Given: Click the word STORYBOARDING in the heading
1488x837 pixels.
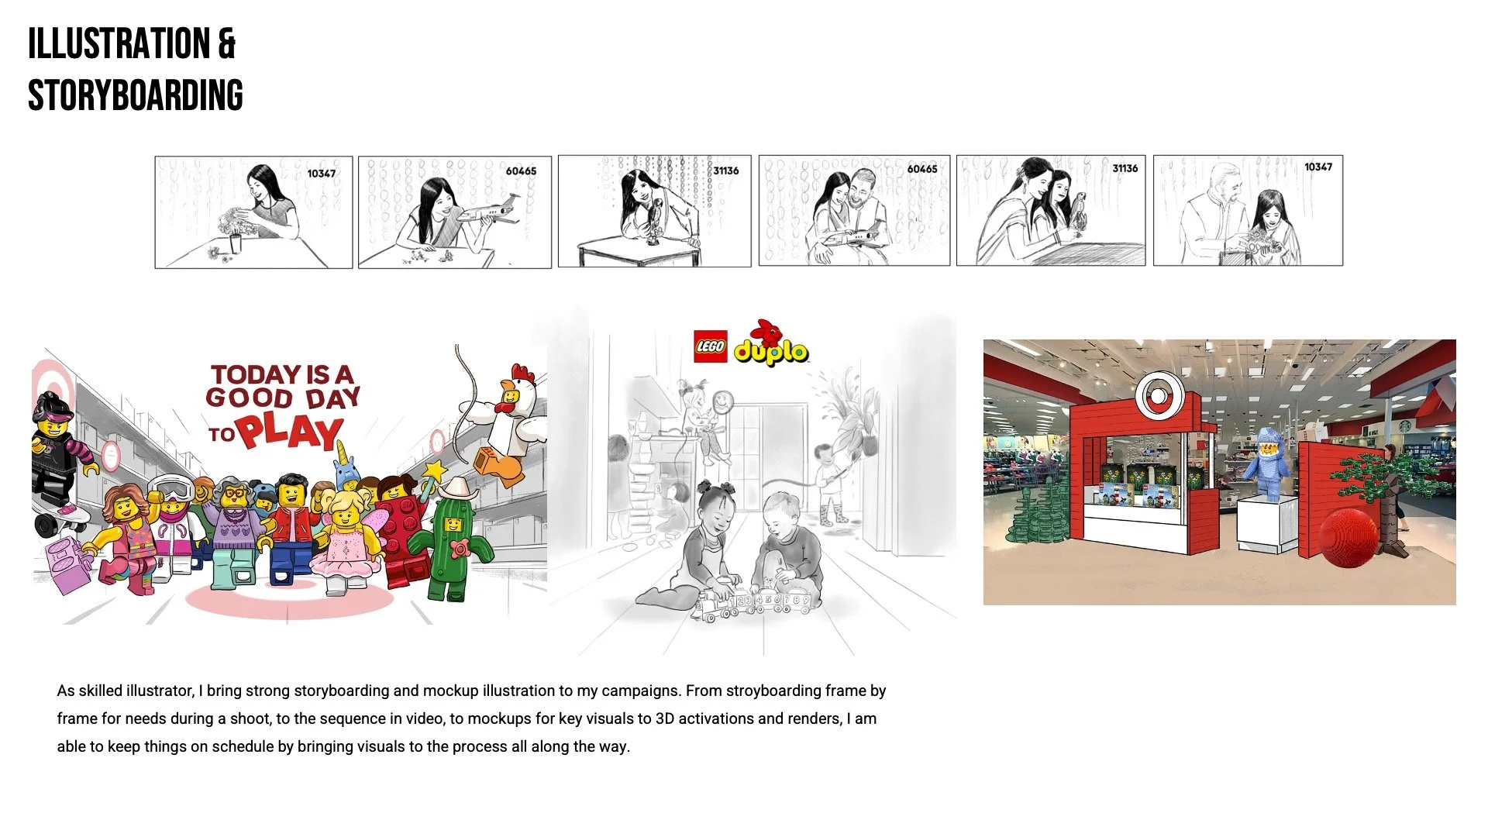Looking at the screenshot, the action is coord(136,95).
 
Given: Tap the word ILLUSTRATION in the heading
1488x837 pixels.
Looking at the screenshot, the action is coord(119,43).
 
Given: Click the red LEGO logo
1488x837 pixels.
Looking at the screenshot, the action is coord(710,346).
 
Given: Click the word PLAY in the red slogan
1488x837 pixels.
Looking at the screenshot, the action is coord(291,432).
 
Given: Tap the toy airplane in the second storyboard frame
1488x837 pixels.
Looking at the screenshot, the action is coord(488,210).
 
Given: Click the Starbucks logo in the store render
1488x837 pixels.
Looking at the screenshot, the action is coord(1404,425).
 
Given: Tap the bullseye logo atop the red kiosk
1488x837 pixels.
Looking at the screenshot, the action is coord(1157,395).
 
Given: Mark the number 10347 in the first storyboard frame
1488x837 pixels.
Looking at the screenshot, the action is coord(322,174).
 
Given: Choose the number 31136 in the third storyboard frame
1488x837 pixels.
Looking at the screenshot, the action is coord(726,170).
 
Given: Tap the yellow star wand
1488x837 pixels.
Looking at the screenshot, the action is coord(434,470).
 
